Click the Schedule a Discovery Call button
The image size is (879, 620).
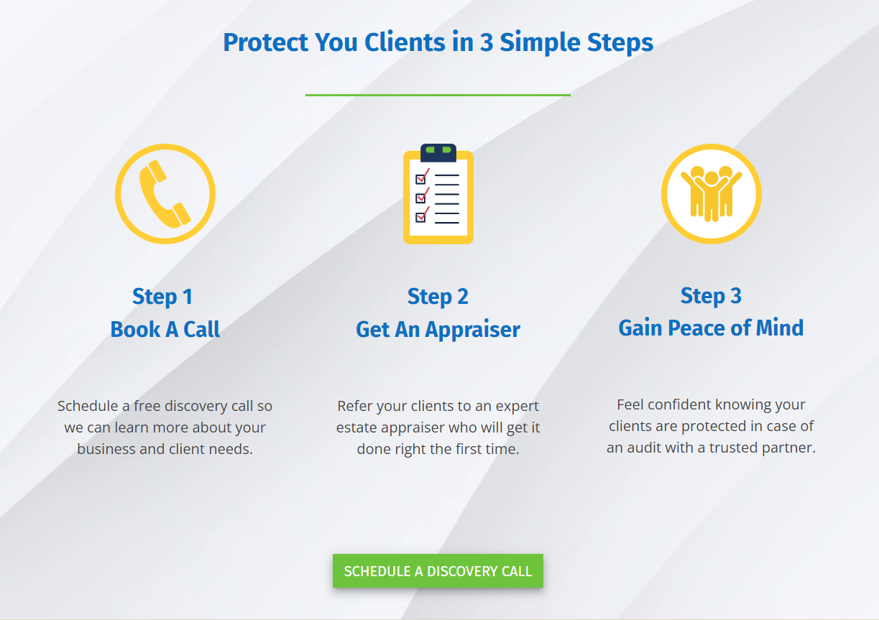pos(438,571)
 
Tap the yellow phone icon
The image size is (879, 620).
pos(165,194)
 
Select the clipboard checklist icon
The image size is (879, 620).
pos(438,195)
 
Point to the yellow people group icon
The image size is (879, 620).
pos(711,194)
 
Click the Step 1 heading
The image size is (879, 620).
pos(162,297)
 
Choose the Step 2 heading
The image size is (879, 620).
pos(438,296)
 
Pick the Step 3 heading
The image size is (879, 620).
pos(711,295)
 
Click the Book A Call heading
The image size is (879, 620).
pos(165,330)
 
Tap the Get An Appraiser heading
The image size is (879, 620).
pos(438,330)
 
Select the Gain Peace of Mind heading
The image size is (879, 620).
pos(711,328)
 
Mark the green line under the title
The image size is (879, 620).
pos(438,95)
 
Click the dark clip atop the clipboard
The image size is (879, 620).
pos(438,152)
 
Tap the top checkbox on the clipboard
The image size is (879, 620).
pos(421,179)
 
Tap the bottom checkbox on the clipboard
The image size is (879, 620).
pos(421,217)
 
